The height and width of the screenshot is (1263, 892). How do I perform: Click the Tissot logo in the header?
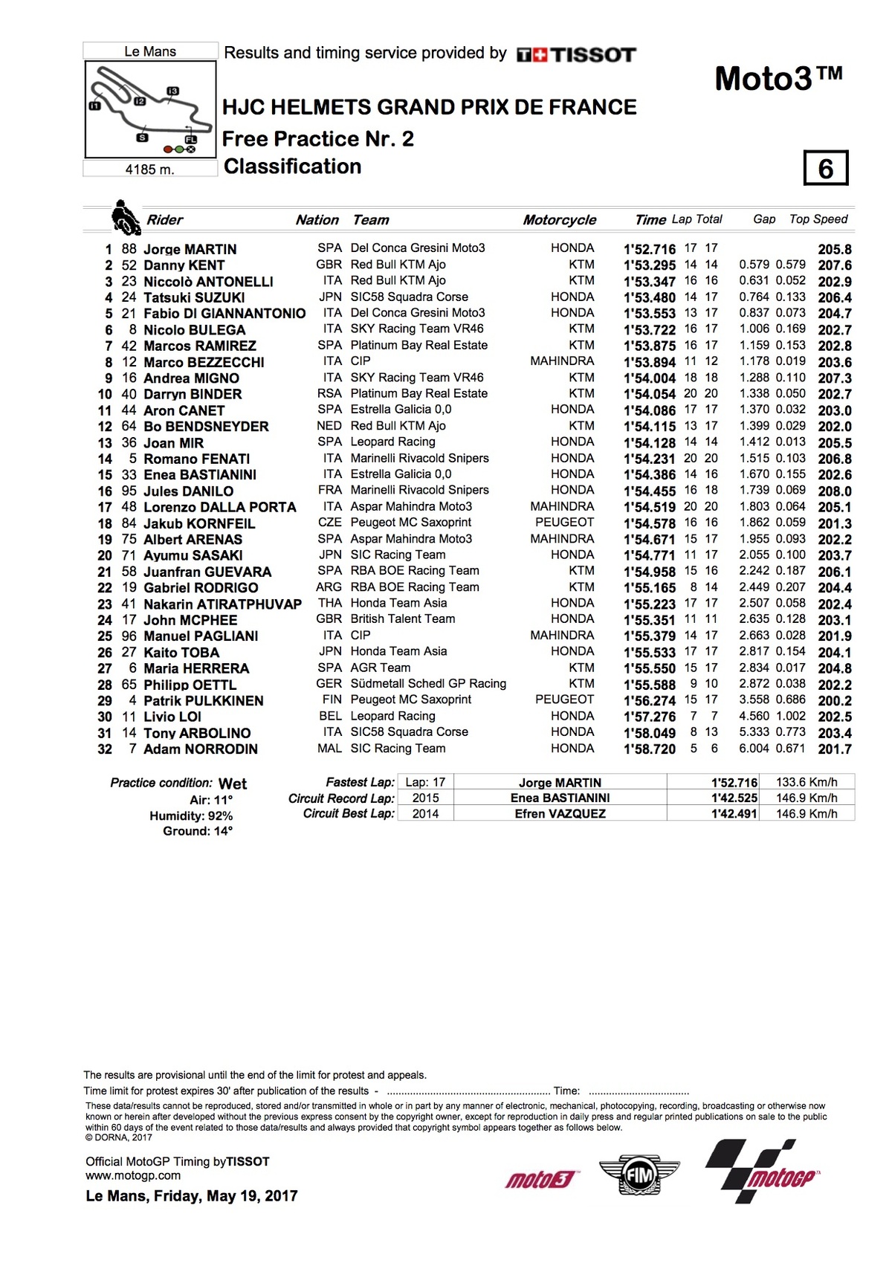(576, 54)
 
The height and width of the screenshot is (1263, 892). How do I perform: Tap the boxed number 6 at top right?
(825, 169)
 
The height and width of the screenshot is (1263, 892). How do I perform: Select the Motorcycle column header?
(559, 220)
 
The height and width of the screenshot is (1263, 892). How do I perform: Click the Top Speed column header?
(818, 219)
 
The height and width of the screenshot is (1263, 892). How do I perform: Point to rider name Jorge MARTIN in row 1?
(190, 249)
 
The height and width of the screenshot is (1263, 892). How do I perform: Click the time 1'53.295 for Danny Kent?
(649, 265)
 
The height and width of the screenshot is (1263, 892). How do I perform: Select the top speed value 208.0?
(835, 491)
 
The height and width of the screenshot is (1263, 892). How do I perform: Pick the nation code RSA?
(329, 394)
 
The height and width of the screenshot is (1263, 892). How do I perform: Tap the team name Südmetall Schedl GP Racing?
(428, 684)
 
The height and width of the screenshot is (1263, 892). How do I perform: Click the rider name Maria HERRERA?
(196, 668)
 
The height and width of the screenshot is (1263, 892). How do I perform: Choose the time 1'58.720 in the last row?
(649, 749)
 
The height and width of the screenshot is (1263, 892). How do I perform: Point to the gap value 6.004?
(754, 749)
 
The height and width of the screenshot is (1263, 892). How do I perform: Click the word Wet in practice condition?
(233, 784)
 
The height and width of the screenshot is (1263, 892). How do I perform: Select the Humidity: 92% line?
(191, 815)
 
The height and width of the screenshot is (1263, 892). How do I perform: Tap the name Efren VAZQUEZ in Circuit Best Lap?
(560, 814)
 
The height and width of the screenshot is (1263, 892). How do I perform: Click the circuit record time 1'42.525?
(734, 798)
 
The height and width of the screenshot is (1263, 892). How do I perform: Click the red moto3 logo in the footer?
(540, 1179)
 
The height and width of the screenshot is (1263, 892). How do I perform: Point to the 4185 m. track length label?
(150, 169)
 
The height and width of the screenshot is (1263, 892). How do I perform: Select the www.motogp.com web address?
(133, 1175)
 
